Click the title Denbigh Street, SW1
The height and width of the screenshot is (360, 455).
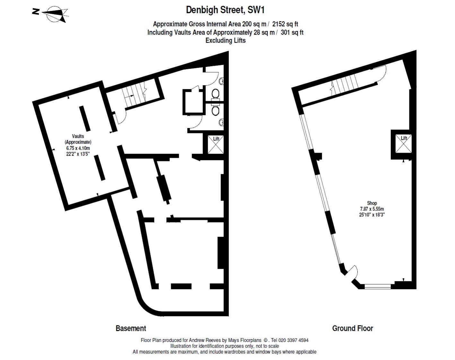(225, 10)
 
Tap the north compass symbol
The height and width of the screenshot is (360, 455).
(50, 14)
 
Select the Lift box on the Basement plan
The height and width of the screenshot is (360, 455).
(216, 145)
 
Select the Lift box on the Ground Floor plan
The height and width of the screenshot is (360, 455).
(403, 143)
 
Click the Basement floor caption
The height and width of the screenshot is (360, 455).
(131, 328)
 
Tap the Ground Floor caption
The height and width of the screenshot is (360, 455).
(353, 328)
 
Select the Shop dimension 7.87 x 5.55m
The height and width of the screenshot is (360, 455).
(372, 209)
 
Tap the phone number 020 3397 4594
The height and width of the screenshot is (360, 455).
(293, 340)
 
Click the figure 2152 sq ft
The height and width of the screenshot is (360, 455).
(285, 24)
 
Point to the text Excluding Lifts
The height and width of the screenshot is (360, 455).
(225, 40)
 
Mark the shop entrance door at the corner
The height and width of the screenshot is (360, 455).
(352, 273)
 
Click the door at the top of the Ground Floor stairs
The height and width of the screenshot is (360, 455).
(380, 73)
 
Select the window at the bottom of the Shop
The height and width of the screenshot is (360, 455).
(378, 286)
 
